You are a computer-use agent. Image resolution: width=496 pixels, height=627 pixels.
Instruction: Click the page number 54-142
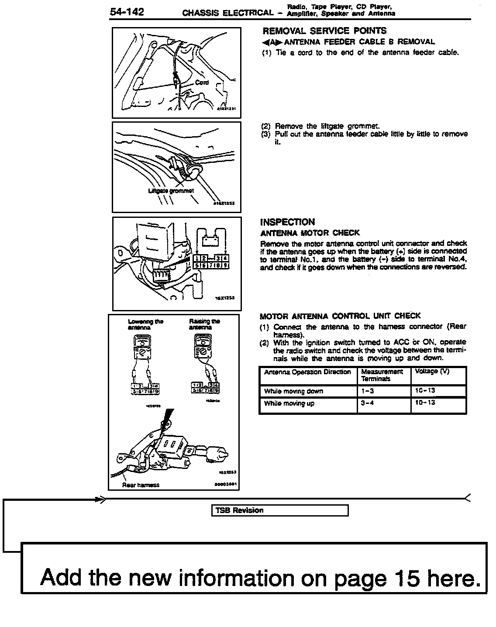point(127,12)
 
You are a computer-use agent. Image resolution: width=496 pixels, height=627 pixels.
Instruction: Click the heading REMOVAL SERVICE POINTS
point(324,31)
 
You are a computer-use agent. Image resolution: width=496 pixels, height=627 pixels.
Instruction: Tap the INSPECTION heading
point(287,222)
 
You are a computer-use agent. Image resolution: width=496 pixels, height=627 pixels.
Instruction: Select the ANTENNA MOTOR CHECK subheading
point(310,233)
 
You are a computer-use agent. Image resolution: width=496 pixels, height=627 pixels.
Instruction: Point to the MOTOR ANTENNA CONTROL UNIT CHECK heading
point(340,316)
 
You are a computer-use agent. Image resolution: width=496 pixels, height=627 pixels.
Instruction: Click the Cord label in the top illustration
point(202,83)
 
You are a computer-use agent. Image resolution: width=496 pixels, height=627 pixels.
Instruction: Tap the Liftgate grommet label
point(171,191)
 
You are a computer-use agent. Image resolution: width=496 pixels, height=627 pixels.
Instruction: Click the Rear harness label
point(141,485)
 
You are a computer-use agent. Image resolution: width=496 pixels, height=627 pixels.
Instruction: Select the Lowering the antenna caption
point(145,324)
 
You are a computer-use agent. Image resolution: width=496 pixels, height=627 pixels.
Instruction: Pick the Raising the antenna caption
point(204,324)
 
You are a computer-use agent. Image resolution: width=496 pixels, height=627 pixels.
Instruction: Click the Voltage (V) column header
point(432,372)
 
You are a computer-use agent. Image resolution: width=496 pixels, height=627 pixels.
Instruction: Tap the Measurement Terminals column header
point(382,375)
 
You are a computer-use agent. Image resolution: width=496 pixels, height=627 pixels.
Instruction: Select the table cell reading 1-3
point(367,391)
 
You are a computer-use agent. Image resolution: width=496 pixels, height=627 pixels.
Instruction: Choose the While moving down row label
point(293,391)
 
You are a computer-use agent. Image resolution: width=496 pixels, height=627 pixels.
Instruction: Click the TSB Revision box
point(281,510)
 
